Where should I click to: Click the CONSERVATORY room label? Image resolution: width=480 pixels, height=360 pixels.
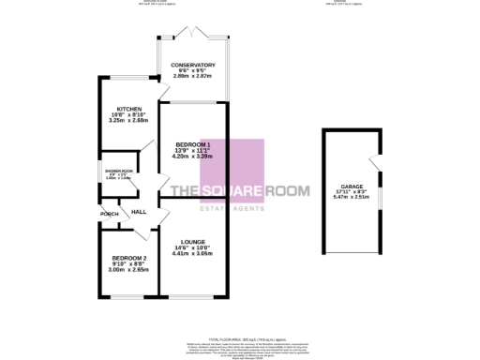coord(193,66)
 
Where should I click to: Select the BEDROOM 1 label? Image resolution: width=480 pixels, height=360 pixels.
coord(192,143)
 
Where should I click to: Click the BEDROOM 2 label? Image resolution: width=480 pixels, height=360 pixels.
coord(128,258)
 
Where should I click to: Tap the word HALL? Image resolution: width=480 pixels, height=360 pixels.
coord(139,213)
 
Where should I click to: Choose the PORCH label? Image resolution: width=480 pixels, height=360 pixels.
coord(108,214)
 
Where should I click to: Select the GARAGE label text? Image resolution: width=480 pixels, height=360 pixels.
coord(352,187)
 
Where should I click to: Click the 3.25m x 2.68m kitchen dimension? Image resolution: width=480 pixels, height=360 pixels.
coord(128,120)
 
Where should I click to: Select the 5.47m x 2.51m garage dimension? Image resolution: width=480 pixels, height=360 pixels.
coord(352,198)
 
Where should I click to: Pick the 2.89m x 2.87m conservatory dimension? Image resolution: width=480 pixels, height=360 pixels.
coord(193,77)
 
